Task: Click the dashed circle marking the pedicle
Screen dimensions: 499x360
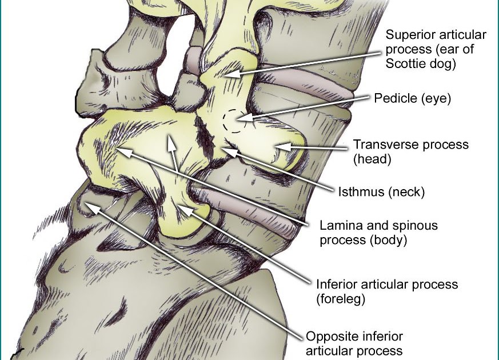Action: click(234, 121)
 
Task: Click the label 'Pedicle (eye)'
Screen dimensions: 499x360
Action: click(413, 99)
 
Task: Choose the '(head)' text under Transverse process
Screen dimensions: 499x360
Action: click(372, 159)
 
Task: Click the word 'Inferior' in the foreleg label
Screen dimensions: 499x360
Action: click(336, 284)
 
